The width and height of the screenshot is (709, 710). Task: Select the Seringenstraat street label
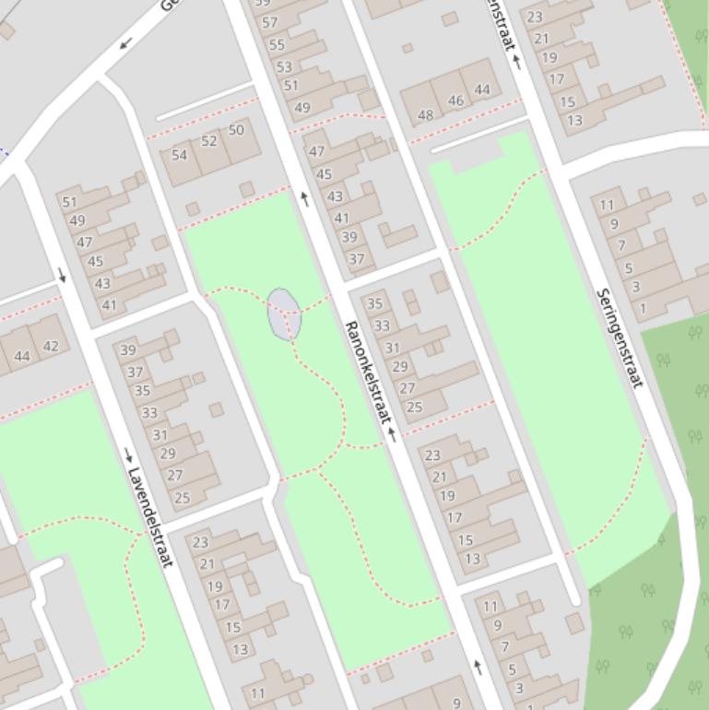click(x=620, y=338)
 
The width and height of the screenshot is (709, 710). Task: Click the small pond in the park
click(x=283, y=314)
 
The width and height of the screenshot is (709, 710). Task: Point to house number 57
click(x=270, y=22)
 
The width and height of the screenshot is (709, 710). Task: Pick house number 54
click(x=179, y=155)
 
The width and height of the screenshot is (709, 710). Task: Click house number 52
click(x=209, y=141)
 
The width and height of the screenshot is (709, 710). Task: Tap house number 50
click(x=236, y=130)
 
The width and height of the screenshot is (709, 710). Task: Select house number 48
click(x=425, y=115)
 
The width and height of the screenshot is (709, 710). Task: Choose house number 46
click(x=455, y=101)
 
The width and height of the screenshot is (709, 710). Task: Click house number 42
click(x=51, y=347)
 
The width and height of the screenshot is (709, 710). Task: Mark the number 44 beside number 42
click(x=23, y=356)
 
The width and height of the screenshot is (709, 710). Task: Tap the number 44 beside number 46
click(x=482, y=89)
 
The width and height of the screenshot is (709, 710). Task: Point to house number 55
click(x=277, y=44)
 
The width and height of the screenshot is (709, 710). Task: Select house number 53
click(x=284, y=66)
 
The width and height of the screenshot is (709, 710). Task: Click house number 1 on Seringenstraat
click(x=643, y=308)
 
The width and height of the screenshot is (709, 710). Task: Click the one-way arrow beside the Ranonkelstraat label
click(x=392, y=434)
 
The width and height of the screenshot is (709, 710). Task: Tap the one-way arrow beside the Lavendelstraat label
click(x=128, y=454)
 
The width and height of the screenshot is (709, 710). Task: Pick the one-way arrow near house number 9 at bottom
click(x=478, y=665)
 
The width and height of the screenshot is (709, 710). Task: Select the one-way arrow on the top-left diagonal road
click(x=125, y=43)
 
